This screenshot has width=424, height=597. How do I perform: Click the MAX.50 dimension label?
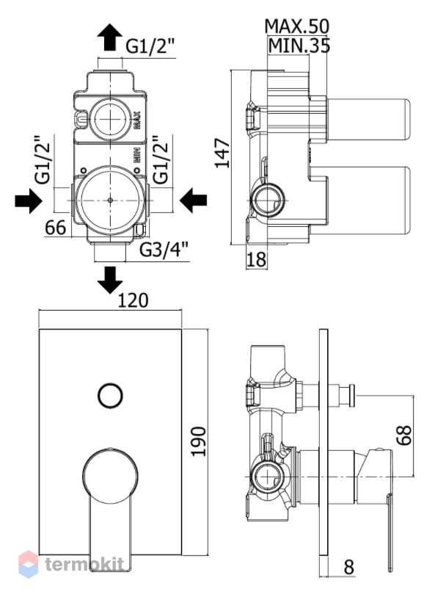click(x=296, y=26)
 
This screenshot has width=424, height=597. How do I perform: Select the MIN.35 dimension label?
click(x=299, y=46)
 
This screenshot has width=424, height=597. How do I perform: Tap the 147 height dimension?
click(x=222, y=153)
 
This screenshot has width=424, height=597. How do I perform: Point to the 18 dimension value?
click(x=257, y=259)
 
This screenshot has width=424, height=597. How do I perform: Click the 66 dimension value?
click(x=56, y=228)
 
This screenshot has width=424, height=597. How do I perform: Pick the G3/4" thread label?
click(x=164, y=250)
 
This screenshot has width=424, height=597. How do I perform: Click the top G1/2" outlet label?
click(x=150, y=47)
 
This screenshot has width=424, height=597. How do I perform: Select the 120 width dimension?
click(x=133, y=300)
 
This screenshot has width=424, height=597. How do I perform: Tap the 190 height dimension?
click(x=198, y=441)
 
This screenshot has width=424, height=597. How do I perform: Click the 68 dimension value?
click(x=403, y=435)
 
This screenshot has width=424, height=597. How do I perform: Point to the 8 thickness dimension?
click(x=349, y=567)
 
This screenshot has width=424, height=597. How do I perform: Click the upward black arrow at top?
click(x=110, y=37)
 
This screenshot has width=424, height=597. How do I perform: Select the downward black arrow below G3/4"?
click(x=110, y=280)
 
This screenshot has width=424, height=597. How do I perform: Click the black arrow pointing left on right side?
click(x=193, y=200)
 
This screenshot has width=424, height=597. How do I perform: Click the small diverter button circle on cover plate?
click(x=110, y=396)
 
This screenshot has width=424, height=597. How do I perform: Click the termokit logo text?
click(x=84, y=564)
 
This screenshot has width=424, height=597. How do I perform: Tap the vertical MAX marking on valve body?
click(x=137, y=120)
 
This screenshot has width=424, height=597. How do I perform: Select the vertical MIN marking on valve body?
click(x=137, y=156)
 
